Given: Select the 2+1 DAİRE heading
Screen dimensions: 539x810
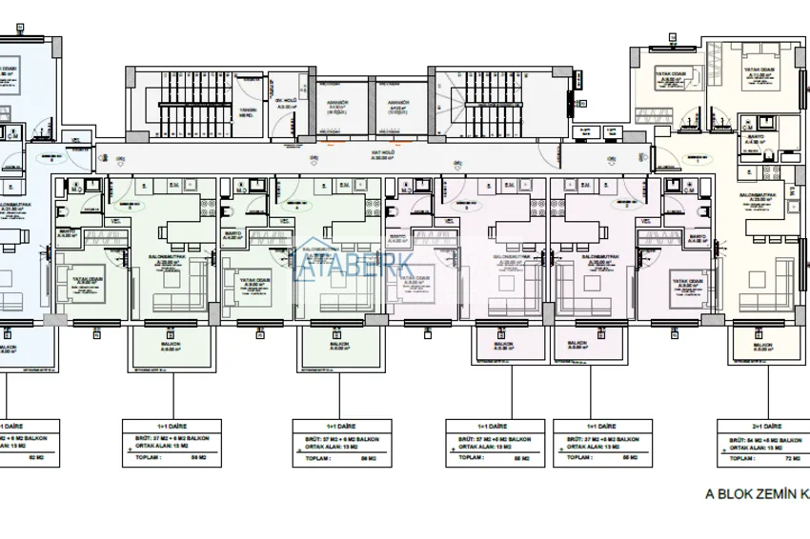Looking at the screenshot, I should tap(764, 427).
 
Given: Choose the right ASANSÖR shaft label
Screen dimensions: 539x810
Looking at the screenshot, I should tap(397, 106).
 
